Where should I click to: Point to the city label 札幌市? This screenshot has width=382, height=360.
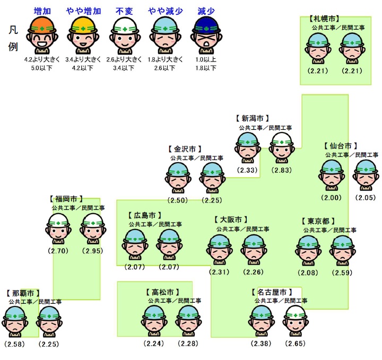(325, 19)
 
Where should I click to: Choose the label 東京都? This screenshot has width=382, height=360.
(319, 221)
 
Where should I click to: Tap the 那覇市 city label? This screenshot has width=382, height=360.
(24, 293)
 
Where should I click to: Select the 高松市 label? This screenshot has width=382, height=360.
(162, 292)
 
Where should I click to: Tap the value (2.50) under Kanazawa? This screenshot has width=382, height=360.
(178, 200)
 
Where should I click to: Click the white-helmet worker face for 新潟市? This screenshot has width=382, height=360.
(281, 147)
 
